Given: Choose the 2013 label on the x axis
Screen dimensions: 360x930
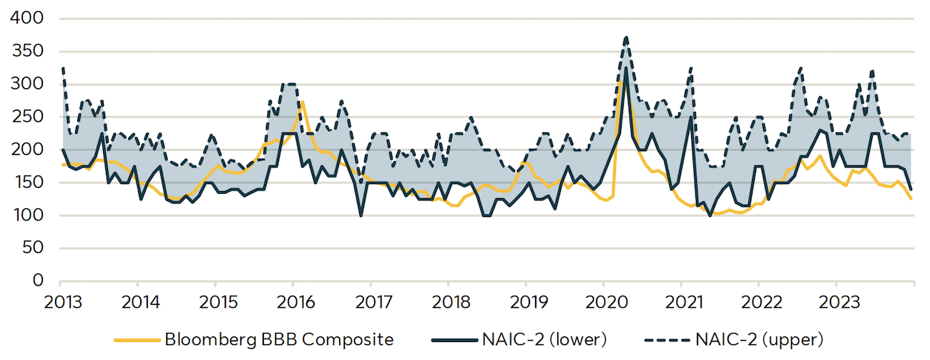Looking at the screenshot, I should click(x=61, y=301).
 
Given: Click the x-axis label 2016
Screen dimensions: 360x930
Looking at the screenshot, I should click(x=293, y=301).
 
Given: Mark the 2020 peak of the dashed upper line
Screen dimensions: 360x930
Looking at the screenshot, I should click(x=626, y=37).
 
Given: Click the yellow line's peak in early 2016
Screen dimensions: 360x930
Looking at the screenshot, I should click(x=303, y=102).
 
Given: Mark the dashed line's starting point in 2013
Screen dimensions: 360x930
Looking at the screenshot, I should click(x=63, y=69).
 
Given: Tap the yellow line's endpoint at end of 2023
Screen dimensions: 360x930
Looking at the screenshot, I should click(x=911, y=199).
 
